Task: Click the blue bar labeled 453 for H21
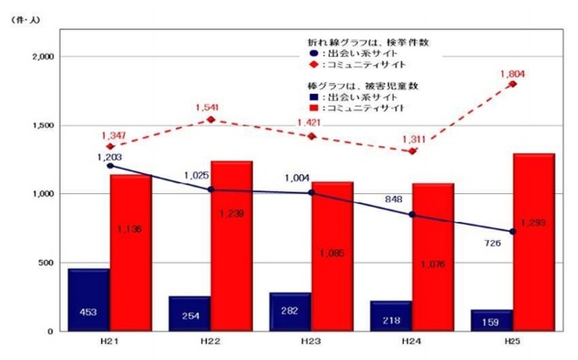click(89, 300)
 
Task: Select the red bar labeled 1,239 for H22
click(232, 246)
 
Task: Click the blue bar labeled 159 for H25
click(492, 320)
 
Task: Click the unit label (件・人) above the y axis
click(25, 20)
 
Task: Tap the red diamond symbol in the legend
click(312, 65)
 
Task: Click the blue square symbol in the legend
click(311, 97)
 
